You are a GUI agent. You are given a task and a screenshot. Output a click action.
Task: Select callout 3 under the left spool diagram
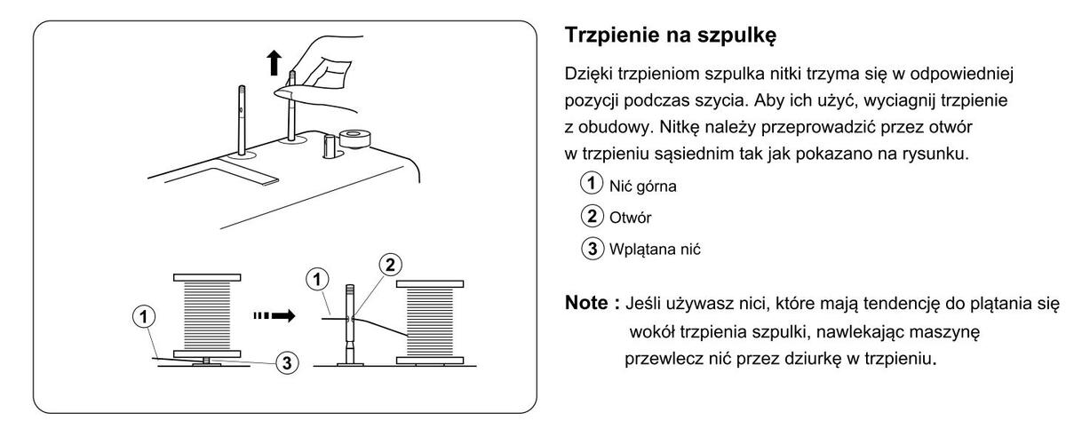click(283, 362)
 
